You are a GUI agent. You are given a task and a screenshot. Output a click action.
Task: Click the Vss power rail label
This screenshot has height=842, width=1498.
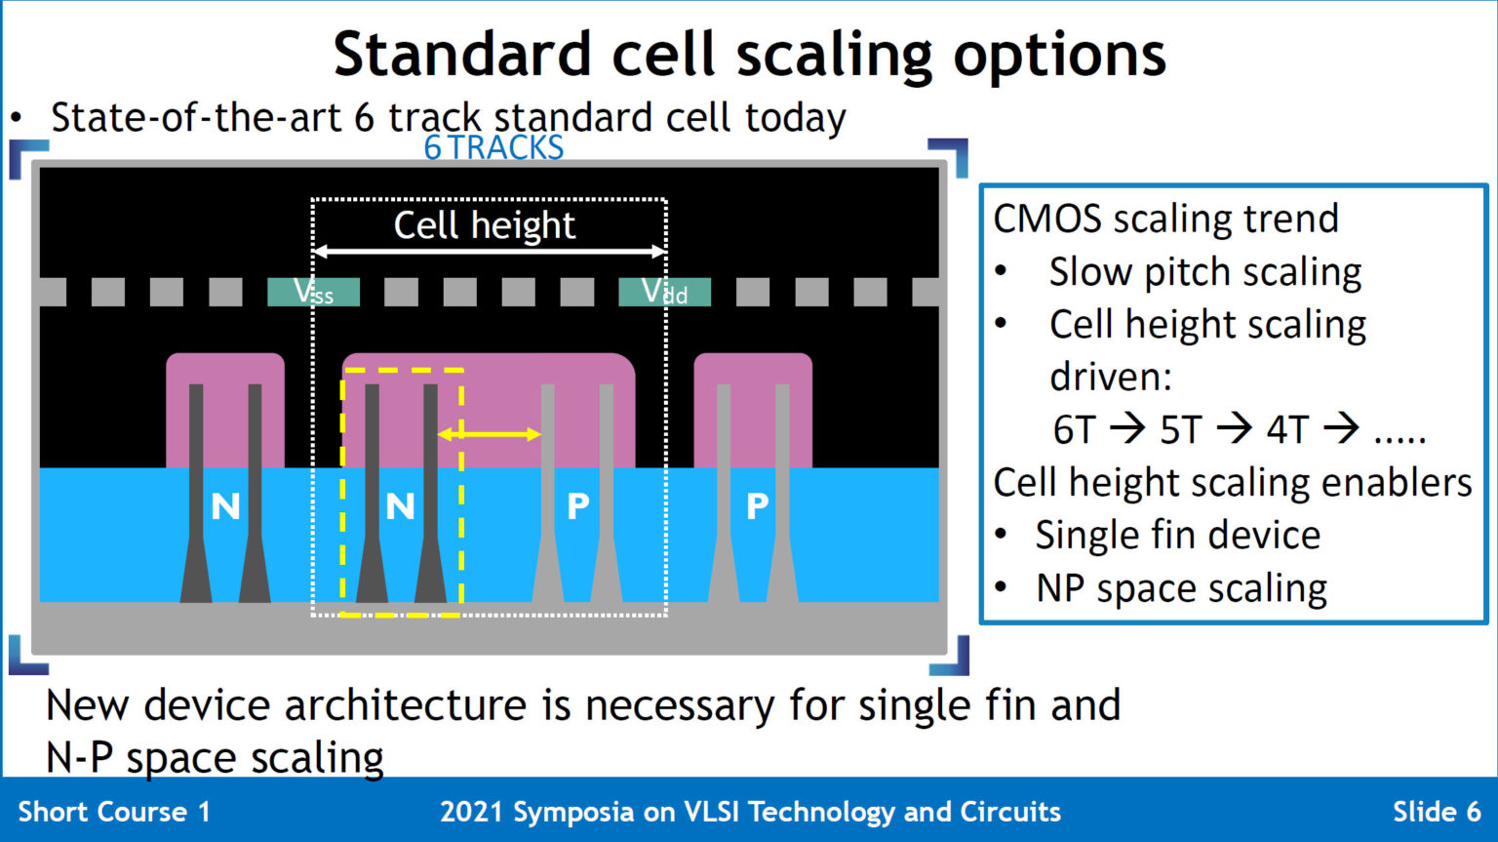point(313,292)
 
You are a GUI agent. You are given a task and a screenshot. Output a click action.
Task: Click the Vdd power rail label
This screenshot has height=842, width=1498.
point(664,292)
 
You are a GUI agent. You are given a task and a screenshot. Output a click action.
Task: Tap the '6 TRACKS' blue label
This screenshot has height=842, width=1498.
point(493,147)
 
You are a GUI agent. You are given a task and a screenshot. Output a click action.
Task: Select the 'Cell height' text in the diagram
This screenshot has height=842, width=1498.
point(484,225)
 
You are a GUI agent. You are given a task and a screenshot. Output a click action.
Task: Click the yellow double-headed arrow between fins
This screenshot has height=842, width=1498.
point(489,433)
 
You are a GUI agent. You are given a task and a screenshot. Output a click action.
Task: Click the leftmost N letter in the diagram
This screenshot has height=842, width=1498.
point(225,506)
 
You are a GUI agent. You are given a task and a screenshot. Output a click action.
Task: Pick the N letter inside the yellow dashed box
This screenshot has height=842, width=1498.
point(400,506)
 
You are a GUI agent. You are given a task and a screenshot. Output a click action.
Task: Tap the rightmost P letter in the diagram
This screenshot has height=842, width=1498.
point(757,506)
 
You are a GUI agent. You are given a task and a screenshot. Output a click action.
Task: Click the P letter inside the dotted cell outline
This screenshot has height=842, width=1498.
point(578,506)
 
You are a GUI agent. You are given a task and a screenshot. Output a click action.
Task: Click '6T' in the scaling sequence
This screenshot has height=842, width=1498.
point(1075,429)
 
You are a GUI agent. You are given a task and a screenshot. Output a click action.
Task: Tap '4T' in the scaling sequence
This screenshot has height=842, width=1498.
point(1287,429)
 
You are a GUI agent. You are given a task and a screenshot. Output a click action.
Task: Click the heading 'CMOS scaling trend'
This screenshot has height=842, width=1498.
point(1165,219)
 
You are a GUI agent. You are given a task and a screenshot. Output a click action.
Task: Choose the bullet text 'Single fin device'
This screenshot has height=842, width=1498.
point(1177,535)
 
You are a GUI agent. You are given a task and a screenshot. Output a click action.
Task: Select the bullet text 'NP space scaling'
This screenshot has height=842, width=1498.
point(1181,588)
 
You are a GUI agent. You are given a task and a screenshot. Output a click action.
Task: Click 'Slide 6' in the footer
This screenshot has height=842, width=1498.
point(1436,812)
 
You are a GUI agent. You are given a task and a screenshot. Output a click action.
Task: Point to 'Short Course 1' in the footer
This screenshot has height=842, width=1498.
point(114,812)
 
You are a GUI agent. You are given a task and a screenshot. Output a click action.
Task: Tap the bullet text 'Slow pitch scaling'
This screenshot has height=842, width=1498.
point(1205,272)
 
